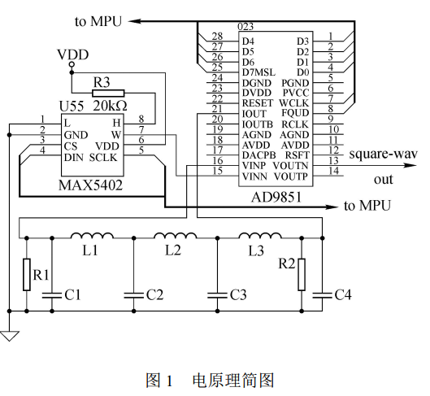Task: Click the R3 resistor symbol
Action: pyautogui.click(x=108, y=94)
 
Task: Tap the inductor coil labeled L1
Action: pyautogui.click(x=92, y=235)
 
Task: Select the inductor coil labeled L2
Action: pyautogui.click(x=176, y=235)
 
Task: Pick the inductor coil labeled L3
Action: pyautogui.click(x=260, y=235)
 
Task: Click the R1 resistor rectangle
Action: pyautogui.click(x=27, y=274)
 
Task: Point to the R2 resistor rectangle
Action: pyautogui.click(x=302, y=274)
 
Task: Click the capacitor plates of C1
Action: pyautogui.click(x=52, y=295)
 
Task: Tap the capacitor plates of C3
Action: pyautogui.click(x=217, y=295)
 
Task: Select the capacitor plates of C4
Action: pyautogui.click(x=322, y=295)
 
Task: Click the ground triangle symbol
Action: pyautogui.click(x=9, y=336)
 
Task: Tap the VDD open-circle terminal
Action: pyautogui.click(x=72, y=65)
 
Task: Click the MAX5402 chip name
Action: pyautogui.click(x=90, y=185)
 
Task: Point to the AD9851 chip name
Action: pyautogui.click(x=276, y=197)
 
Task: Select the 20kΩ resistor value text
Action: pyautogui.click(x=111, y=106)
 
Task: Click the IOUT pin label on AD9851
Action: pyautogui.click(x=254, y=114)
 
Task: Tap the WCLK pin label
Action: pyautogui.click(x=294, y=103)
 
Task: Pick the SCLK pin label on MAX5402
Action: pyautogui.click(x=103, y=158)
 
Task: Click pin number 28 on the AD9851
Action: pyautogui.click(x=217, y=37)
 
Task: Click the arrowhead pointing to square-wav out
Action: pyautogui.click(x=410, y=165)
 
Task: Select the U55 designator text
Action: pyautogui.click(x=72, y=107)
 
